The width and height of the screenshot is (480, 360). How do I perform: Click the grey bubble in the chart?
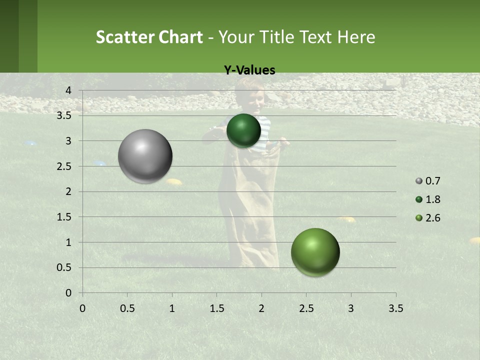145,156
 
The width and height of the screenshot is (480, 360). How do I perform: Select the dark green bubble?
243,130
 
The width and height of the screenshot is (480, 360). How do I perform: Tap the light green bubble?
315,252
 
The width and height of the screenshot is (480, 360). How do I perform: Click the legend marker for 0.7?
419,181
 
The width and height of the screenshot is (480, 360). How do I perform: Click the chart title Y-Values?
249,70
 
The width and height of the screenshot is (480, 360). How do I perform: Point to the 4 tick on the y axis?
68,90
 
